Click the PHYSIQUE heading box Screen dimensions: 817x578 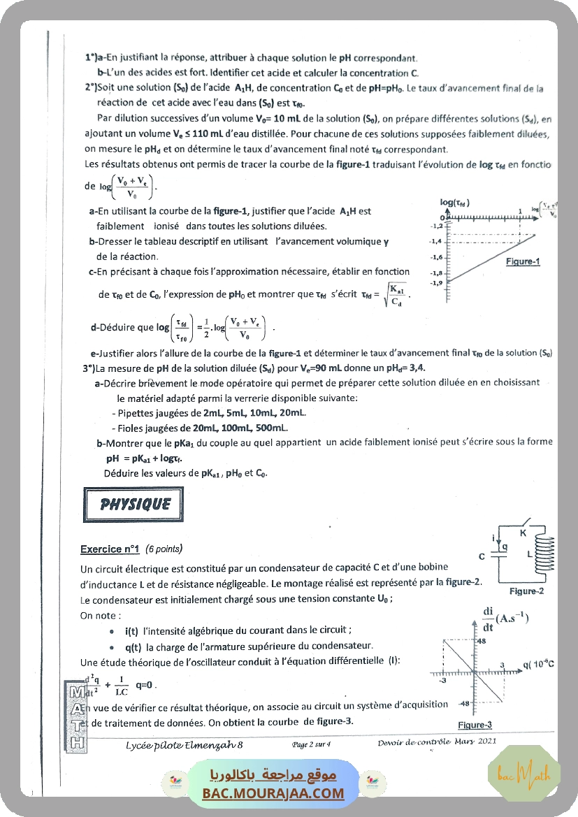tap(134, 505)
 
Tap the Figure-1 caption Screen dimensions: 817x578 tap(523, 262)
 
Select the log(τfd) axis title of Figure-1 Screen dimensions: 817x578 tap(454, 203)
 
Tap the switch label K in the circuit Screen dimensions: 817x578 tap(522, 533)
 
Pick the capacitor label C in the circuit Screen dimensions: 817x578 tap(482, 557)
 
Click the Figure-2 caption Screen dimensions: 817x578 tap(526, 591)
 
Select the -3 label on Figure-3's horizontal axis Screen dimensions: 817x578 tap(442, 680)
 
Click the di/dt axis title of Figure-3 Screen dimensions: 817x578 tap(504, 619)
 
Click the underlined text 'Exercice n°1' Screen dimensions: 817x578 tap(110, 549)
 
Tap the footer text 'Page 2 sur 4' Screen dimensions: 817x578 tap(312, 744)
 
